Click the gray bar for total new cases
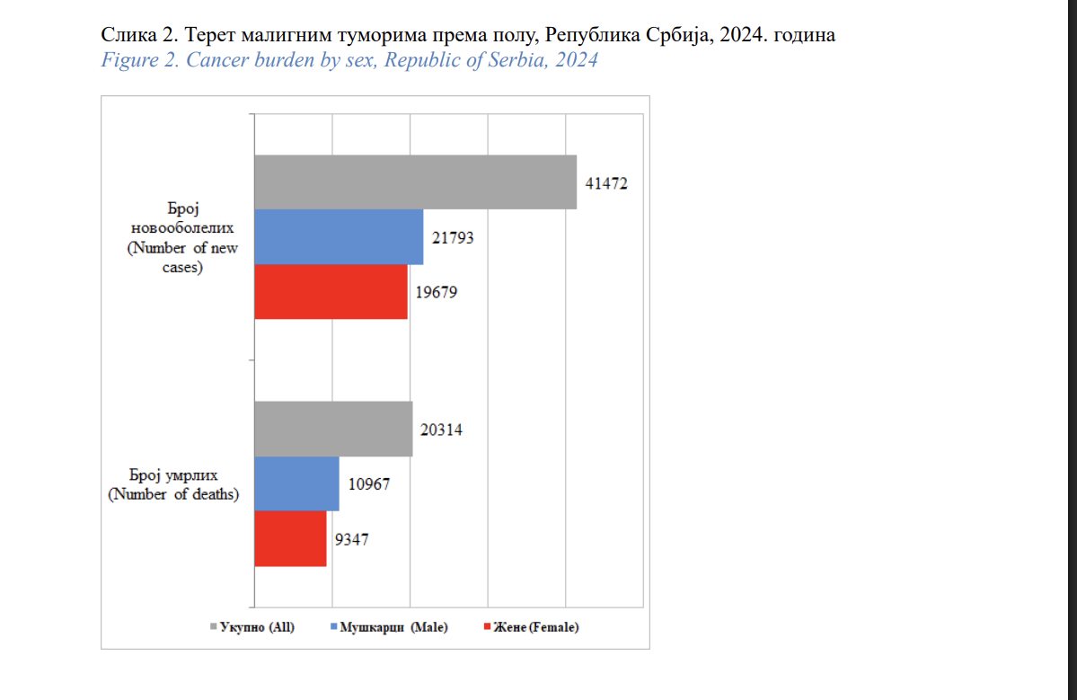(415, 182)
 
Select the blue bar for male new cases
(339, 237)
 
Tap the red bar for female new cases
(331, 292)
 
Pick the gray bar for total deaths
(333, 429)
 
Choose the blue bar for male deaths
(296, 484)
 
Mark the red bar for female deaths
(290, 539)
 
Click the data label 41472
(606, 183)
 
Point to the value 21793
(453, 238)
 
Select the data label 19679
(437, 292)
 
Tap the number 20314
(442, 430)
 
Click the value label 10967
(368, 484)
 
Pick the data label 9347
(351, 540)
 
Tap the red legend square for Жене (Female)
(486, 626)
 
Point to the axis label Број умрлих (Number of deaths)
(173, 483)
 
